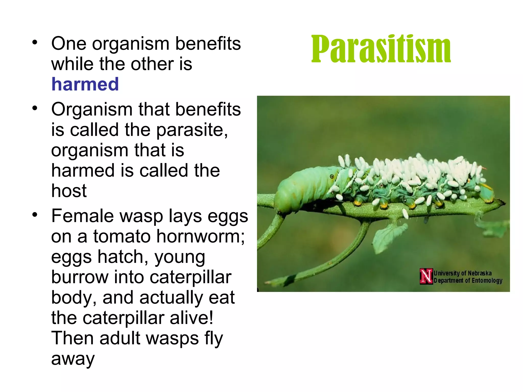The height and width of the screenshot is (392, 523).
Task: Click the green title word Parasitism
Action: tap(381, 49)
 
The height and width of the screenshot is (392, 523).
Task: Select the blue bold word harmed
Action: tap(85, 84)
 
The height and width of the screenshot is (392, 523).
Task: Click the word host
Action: tap(69, 191)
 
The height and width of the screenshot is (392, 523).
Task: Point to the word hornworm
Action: tap(200, 236)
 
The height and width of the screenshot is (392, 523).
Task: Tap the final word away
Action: tap(73, 359)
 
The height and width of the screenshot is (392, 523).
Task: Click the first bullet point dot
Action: tap(35, 42)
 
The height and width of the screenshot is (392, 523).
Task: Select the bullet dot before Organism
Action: tap(35, 108)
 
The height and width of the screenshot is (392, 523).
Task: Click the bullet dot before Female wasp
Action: tap(35, 215)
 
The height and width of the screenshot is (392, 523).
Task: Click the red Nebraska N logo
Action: tap(426, 276)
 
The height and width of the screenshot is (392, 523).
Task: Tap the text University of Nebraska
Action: tap(462, 273)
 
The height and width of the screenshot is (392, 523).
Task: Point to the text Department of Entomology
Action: tap(468, 280)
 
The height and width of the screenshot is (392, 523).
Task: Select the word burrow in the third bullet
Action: tap(80, 277)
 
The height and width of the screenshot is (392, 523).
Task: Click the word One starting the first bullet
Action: tap(69, 44)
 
